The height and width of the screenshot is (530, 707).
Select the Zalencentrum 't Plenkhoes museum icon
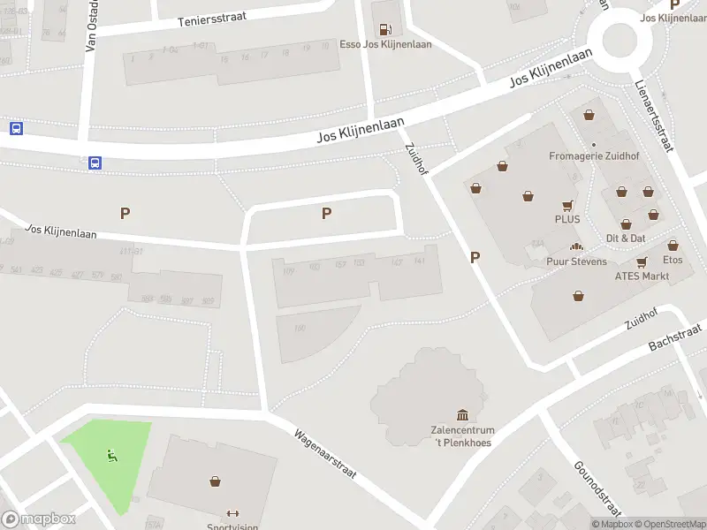[x=461, y=415]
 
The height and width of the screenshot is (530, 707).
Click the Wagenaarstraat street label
[x=324, y=454]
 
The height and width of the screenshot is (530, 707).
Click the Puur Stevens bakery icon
[x=577, y=247]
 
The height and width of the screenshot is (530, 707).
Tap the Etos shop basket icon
[x=673, y=246]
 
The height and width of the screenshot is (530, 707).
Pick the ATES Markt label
[x=642, y=276]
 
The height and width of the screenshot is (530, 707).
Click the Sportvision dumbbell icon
[x=233, y=513]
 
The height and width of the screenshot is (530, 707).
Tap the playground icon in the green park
[x=110, y=456]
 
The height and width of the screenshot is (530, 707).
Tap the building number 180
[x=300, y=329]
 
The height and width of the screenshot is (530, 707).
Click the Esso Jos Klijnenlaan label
[x=385, y=44]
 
